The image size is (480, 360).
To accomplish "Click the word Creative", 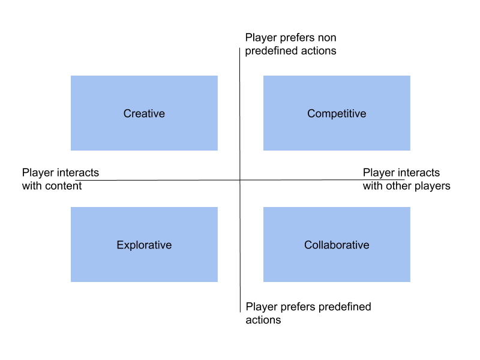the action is pyautogui.click(x=144, y=113).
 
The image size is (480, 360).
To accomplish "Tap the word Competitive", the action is pyautogui.click(x=337, y=113).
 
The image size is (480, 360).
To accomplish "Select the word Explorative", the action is pyautogui.click(x=144, y=245).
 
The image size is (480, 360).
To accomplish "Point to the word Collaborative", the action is pyautogui.click(x=337, y=245).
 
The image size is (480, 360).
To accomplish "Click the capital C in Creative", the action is pyautogui.click(x=127, y=113).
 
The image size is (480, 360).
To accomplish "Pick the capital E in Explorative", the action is pyautogui.click(x=120, y=245).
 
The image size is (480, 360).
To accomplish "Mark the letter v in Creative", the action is pyautogui.click(x=156, y=113).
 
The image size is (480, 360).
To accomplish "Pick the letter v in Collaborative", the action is pyautogui.click(x=359, y=245).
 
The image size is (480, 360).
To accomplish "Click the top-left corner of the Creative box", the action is pyautogui.click(x=71, y=76).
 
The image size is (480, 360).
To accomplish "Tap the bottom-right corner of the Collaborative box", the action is pyautogui.click(x=410, y=281).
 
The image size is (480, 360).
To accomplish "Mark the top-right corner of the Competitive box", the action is pyautogui.click(x=410, y=76).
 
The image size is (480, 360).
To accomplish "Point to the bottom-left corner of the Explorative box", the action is pyautogui.click(x=71, y=281).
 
